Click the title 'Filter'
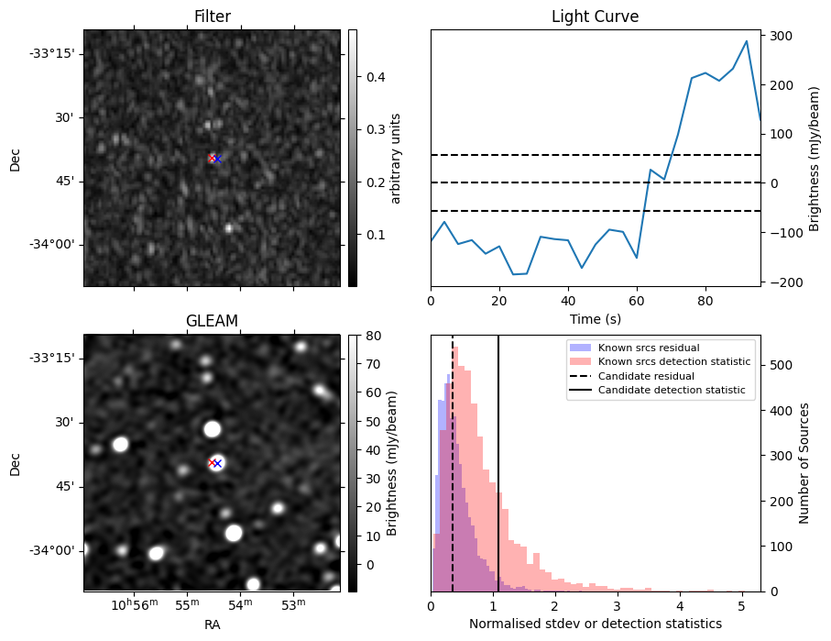tap(213, 17)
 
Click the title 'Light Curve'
tap(595, 17)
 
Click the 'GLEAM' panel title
tap(213, 320)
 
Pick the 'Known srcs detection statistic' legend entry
tap(673, 362)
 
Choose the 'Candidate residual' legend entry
tap(646, 376)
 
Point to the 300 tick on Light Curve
tap(782, 36)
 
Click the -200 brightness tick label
tap(784, 282)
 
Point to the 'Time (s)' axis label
tap(595, 317)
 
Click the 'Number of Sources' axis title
tap(804, 463)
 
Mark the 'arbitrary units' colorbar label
tap(396, 158)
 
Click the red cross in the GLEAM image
tap(213, 463)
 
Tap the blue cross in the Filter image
tap(217, 159)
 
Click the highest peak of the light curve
tap(747, 41)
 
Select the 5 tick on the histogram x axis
tap(742, 605)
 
